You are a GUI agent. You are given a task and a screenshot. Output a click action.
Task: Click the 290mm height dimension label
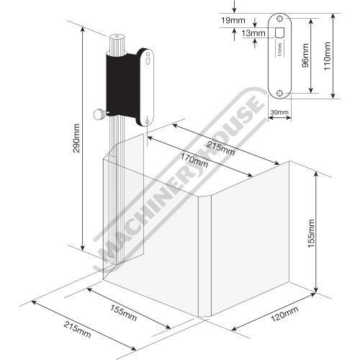pos(77,138)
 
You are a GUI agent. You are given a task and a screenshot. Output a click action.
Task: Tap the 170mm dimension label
pos(194,161)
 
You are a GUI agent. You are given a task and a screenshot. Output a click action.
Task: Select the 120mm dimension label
pos(284,314)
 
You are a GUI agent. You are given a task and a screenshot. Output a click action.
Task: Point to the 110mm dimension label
pos(328,56)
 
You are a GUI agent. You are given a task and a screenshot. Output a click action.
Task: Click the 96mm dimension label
pos(305,55)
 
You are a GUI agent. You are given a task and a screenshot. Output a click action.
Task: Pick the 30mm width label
pos(279,112)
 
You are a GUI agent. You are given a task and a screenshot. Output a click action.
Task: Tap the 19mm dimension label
pos(233,20)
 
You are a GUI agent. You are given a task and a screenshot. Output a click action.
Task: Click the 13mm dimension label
pos(253,33)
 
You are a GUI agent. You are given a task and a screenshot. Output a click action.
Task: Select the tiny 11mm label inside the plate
pos(279,49)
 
